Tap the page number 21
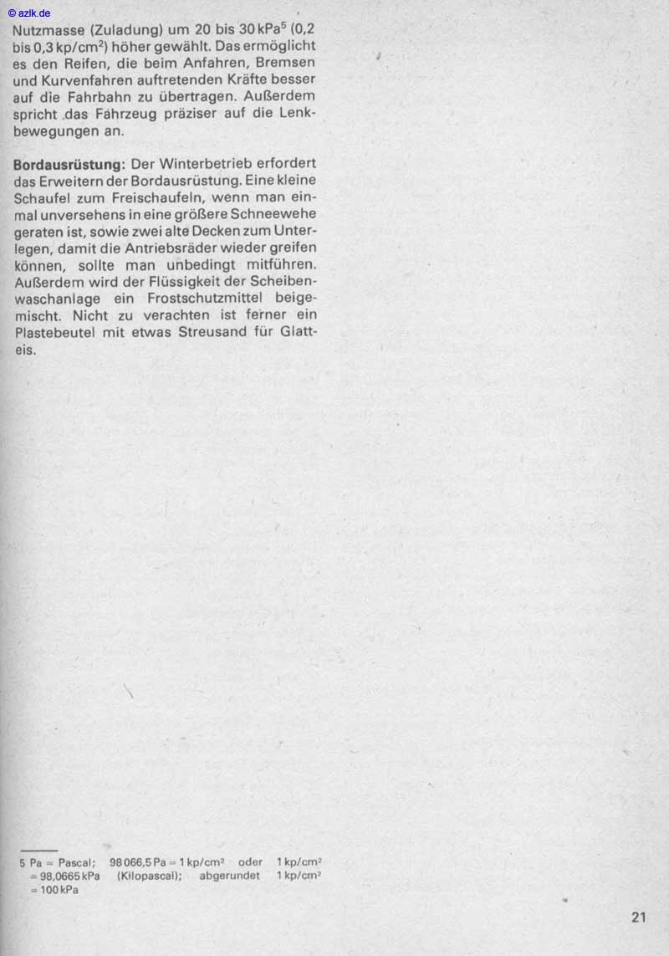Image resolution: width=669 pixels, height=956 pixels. (x=639, y=918)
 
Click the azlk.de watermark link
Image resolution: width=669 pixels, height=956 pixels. (x=29, y=13)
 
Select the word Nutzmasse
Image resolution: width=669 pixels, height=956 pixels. (x=47, y=28)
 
